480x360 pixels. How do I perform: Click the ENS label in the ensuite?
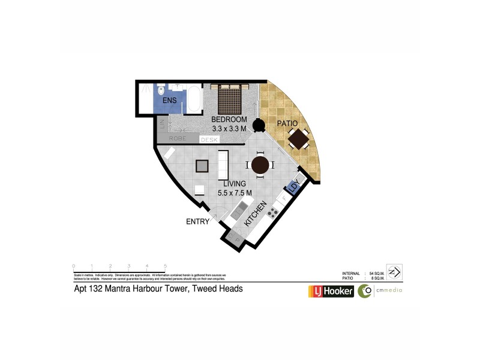click(x=169, y=100)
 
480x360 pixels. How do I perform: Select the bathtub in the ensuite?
click(x=194, y=100)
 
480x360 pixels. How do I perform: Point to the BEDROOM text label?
click(x=227, y=119)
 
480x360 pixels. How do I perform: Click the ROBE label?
click(x=176, y=139)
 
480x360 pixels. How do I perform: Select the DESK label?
click(x=209, y=139)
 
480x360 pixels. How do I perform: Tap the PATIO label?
click(x=287, y=124)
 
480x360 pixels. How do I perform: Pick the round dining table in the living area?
click(x=260, y=165)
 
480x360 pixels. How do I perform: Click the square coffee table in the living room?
click(x=202, y=166)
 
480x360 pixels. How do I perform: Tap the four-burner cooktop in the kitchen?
click(x=272, y=212)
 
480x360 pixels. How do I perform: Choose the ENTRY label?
click(x=197, y=222)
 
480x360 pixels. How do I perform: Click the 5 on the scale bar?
click(x=165, y=265)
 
